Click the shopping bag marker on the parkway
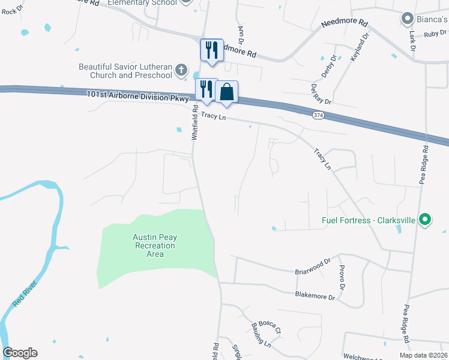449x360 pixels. tap(227, 92)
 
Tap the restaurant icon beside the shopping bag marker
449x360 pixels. tap(206, 89)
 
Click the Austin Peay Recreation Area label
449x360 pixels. tap(155, 245)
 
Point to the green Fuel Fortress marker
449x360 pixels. tap(425, 220)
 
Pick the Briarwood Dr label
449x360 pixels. tap(313, 266)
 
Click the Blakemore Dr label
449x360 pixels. tap(315, 295)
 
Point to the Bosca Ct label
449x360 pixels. tap(270, 326)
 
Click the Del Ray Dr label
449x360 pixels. tap(321, 93)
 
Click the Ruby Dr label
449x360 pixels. tap(432, 34)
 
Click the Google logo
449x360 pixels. tap(20, 353)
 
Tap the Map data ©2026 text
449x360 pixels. tap(423, 355)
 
